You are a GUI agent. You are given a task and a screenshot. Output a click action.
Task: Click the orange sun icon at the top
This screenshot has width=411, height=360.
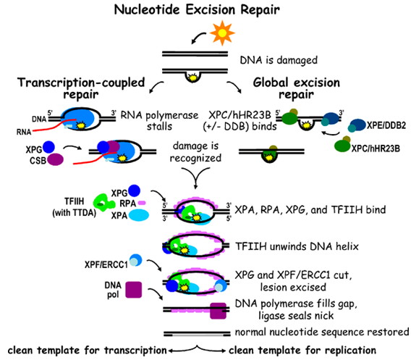(222, 33)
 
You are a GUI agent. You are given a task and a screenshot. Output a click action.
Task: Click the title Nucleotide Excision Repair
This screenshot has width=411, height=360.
(197, 10)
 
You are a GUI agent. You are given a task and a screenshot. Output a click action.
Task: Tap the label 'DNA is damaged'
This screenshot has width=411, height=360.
(279, 60)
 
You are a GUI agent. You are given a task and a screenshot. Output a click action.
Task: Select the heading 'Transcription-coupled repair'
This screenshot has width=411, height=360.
(81, 88)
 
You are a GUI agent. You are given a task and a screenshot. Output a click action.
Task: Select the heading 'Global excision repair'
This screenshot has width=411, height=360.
(297, 88)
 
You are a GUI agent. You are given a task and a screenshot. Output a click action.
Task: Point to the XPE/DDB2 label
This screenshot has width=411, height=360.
(386, 126)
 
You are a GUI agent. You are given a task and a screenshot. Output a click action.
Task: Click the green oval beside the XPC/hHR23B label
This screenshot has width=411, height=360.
(342, 146)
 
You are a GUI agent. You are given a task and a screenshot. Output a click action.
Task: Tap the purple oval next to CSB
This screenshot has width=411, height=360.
(55, 159)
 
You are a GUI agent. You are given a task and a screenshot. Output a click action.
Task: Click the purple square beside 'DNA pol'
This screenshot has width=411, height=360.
(134, 290)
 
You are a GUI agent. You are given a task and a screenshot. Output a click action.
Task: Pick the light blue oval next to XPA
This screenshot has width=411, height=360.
(139, 215)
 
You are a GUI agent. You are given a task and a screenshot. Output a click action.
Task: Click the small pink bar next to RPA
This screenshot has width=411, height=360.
(142, 203)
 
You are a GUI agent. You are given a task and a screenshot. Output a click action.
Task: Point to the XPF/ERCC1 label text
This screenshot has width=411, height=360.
(106, 265)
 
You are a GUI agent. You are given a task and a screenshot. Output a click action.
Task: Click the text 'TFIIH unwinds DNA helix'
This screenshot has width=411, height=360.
(297, 246)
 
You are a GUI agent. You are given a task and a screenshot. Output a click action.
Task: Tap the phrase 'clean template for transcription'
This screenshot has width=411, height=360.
(87, 351)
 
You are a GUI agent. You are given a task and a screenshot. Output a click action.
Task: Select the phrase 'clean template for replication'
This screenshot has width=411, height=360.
(302, 351)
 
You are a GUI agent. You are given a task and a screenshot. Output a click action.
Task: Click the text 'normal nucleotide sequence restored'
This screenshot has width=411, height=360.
(322, 332)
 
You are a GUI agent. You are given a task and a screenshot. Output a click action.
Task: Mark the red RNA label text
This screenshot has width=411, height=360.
(24, 132)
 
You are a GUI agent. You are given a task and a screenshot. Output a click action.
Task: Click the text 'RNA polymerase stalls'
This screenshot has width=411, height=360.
(159, 121)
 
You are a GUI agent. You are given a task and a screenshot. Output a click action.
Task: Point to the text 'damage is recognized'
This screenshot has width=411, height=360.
(195, 151)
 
